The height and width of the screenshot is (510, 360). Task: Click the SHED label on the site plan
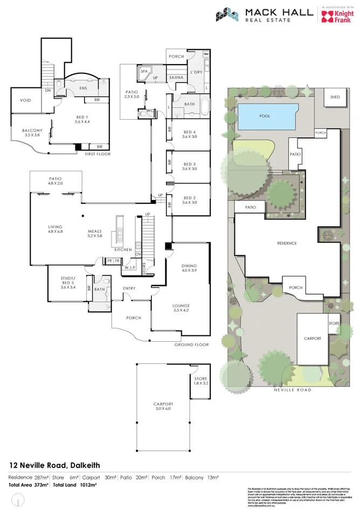pyautogui.click(x=335, y=97)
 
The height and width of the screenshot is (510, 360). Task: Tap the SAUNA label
pyautogui.click(x=177, y=78)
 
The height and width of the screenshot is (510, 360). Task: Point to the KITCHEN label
pyautogui.click(x=123, y=250)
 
